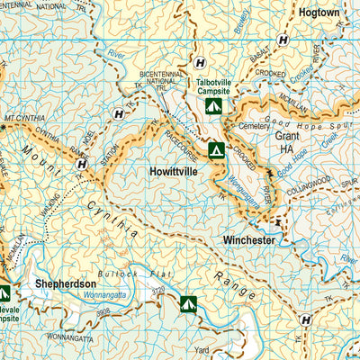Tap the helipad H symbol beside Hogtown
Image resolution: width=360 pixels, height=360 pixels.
283,40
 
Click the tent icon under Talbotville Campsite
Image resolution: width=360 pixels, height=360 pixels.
212,107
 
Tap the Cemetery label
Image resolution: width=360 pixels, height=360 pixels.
255,127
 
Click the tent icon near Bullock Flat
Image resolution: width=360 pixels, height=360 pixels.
188,304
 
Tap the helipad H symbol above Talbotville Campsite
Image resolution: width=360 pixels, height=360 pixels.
199,62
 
